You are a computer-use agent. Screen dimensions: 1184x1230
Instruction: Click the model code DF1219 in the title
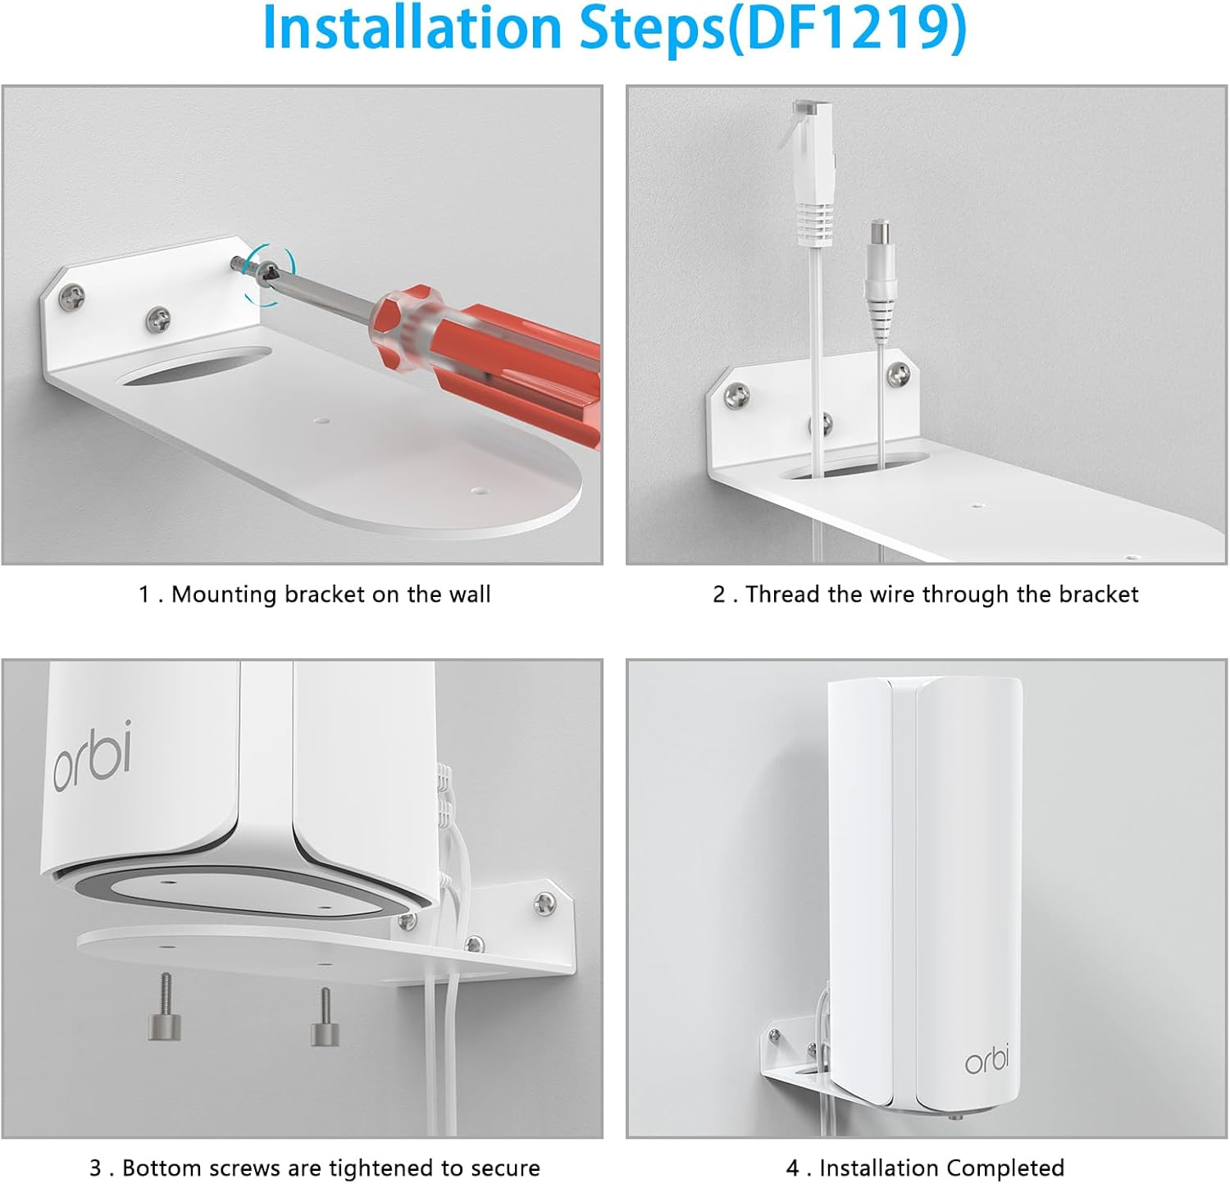(x=845, y=29)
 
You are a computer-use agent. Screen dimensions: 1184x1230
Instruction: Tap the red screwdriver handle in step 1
(x=492, y=344)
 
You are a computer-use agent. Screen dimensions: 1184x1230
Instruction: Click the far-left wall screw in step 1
(x=74, y=298)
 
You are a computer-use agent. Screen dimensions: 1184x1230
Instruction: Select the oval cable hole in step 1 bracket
(x=195, y=366)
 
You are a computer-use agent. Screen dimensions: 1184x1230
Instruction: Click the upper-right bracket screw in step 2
(x=900, y=374)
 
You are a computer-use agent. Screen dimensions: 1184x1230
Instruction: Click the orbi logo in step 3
(x=93, y=756)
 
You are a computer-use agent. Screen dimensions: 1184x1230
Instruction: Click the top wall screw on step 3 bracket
(x=544, y=903)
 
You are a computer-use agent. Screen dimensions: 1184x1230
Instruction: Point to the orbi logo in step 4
(x=986, y=1059)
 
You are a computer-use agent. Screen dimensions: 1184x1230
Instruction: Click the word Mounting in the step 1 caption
(x=225, y=594)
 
